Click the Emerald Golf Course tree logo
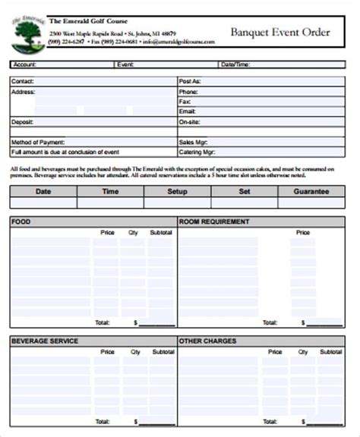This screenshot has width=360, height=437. pyautogui.click(x=27, y=33)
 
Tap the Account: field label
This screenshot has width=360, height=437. pyautogui.click(x=25, y=65)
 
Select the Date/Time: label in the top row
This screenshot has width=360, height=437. pyautogui.click(x=235, y=65)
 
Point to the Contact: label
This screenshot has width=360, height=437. pyautogui.click(x=23, y=80)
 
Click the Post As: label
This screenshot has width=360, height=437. pyautogui.click(x=189, y=80)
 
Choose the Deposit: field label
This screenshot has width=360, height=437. pyautogui.click(x=23, y=121)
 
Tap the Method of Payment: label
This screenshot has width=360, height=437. pyautogui.click(x=37, y=142)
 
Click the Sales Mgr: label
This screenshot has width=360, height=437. pyautogui.click(x=194, y=142)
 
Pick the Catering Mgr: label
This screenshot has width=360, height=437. pyautogui.click(x=197, y=152)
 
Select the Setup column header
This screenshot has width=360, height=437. pyautogui.click(x=177, y=192)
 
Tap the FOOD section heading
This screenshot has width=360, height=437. pyautogui.click(x=21, y=222)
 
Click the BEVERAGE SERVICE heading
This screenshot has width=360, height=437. pyautogui.click(x=44, y=341)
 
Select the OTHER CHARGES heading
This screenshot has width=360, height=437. pyautogui.click(x=207, y=341)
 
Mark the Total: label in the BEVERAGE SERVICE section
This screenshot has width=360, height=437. pyautogui.click(x=102, y=421)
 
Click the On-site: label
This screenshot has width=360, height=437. pyautogui.click(x=189, y=121)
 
